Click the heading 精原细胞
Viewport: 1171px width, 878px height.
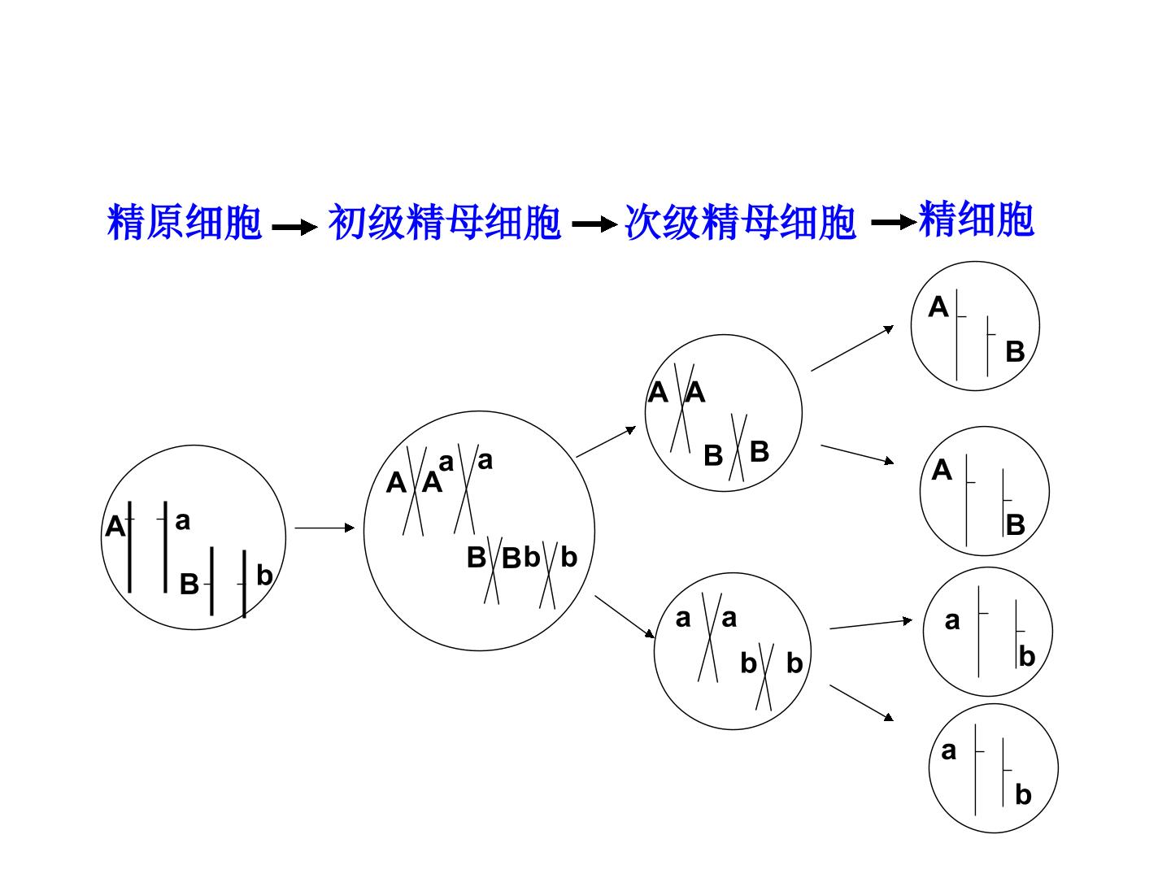(184, 221)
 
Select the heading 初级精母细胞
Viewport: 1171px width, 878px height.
(444, 221)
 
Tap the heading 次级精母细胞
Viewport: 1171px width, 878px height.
(741, 221)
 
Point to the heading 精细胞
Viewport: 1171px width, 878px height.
(977, 219)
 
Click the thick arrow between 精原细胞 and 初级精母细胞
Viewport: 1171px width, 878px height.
(294, 227)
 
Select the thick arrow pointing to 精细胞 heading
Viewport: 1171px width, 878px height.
(895, 222)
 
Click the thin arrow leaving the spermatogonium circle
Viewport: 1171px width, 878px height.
(324, 528)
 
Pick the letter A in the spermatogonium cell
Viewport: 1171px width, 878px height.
(115, 527)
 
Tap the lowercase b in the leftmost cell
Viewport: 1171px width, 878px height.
(264, 575)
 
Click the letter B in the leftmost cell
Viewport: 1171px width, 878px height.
(189, 584)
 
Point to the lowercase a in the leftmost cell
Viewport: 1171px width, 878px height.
(182, 521)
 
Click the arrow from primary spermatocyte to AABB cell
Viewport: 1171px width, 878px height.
(606, 441)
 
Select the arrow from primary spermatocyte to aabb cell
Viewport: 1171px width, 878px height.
(625, 617)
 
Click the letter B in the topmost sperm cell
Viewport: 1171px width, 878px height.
(1015, 352)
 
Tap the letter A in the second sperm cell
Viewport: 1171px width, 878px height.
(942, 470)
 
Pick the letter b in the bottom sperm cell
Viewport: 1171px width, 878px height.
(1023, 794)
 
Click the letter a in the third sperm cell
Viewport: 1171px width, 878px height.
(952, 621)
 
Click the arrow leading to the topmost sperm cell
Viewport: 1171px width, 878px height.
(852, 348)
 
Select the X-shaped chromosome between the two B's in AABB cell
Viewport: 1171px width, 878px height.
(738, 447)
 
